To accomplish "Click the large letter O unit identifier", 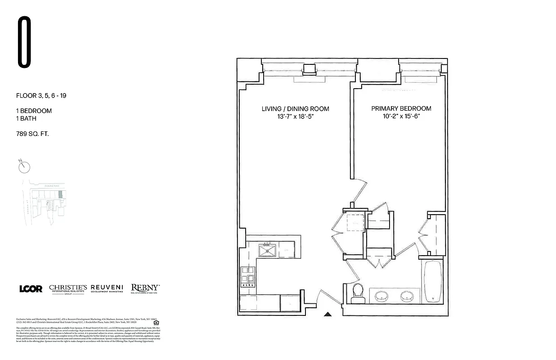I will pyautogui.click(x=24, y=42).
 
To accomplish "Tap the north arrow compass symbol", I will pyautogui.click(x=24, y=167).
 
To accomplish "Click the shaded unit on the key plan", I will pyautogui.click(x=60, y=195).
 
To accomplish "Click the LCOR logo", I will pyautogui.click(x=31, y=289).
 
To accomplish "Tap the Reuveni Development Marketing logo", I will pyautogui.click(x=107, y=288).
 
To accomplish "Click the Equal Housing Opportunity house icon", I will pyautogui.click(x=156, y=322).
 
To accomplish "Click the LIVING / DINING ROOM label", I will pyautogui.click(x=295, y=109).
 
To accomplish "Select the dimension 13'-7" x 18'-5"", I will pyautogui.click(x=295, y=116).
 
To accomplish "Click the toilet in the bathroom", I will pyautogui.click(x=359, y=291).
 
